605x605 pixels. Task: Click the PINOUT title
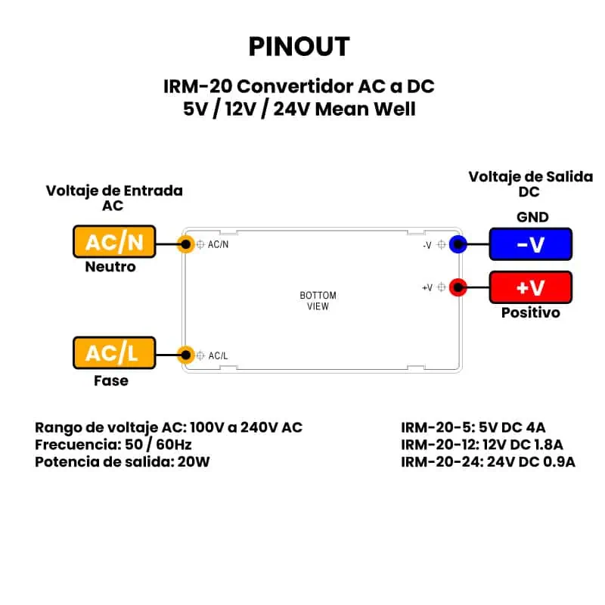click(299, 47)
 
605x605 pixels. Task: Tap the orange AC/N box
click(114, 242)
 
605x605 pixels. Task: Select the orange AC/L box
click(114, 353)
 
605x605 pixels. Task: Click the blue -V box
click(530, 244)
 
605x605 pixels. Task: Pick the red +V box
click(530, 287)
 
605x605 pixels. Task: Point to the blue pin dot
click(458, 244)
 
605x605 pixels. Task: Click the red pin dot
click(458, 287)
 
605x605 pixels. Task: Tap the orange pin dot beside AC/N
click(185, 244)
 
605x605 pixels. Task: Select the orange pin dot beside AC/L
click(185, 354)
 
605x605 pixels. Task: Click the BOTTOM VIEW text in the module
click(318, 301)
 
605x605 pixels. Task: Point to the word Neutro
click(110, 267)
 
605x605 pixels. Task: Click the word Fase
click(110, 380)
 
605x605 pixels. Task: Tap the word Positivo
click(531, 312)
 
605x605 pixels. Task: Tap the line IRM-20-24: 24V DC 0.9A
click(488, 461)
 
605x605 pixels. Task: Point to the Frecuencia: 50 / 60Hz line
click(114, 444)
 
